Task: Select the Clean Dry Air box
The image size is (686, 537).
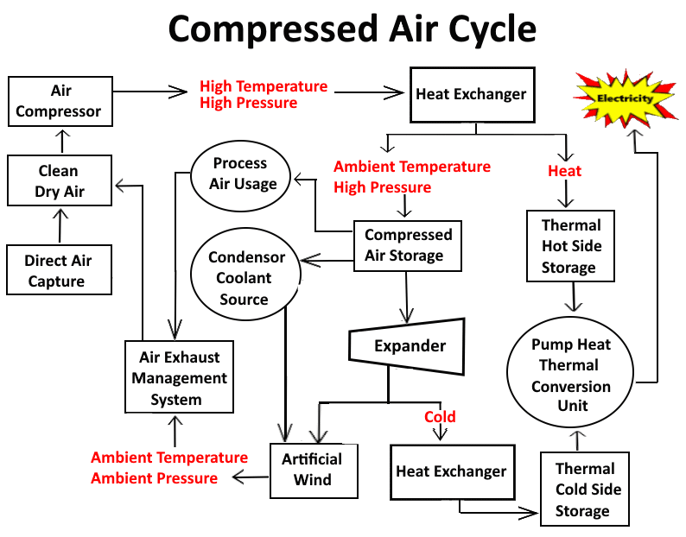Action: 60,181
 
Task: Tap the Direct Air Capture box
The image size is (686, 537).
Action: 59,270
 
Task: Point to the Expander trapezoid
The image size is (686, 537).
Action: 407,345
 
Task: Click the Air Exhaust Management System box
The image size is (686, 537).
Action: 176,378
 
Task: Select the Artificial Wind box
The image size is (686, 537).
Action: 312,470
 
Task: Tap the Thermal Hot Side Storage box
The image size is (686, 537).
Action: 569,246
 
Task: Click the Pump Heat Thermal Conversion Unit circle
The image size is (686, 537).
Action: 571,375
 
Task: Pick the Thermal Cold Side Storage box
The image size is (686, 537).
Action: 585,490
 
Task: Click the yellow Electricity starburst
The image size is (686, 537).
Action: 626,98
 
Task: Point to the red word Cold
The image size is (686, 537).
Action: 440,417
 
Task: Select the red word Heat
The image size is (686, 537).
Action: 565,171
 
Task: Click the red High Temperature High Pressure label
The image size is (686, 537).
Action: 264,95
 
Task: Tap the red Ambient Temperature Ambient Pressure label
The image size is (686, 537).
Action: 169,467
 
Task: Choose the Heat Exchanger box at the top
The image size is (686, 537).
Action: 471,94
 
